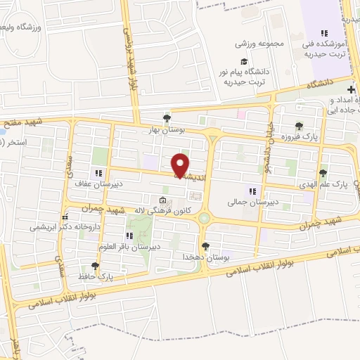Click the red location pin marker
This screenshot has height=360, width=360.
[x=181, y=165]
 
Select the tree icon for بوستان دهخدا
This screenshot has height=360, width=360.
[x=205, y=246]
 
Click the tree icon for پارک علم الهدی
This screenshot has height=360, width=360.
[x=323, y=172]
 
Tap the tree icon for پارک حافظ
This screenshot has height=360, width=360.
[x=96, y=266]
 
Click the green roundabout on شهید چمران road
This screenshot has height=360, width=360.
[x=204, y=218]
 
